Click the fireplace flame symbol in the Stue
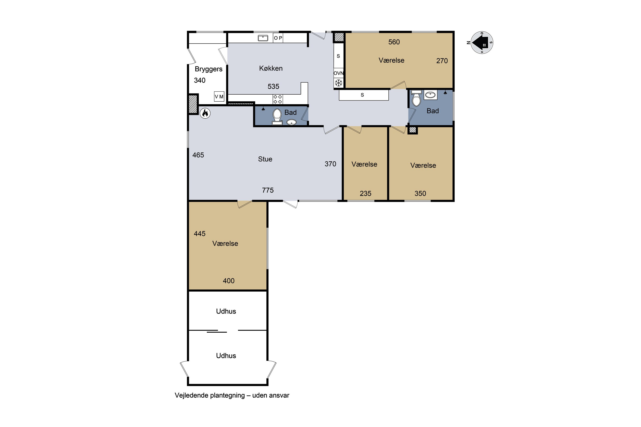pos(205,113)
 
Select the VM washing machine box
pos(219,97)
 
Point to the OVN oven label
pos(338,73)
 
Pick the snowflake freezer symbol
pos(338,83)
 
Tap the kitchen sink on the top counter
pos(263,38)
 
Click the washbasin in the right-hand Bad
pos(430,95)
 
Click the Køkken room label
pos(271,68)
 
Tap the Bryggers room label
pos(209,69)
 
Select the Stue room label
pos(265,159)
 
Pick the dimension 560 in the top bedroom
pos(394,42)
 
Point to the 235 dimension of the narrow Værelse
pos(365,194)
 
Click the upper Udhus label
pos(226,311)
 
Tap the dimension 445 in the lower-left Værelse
pos(200,234)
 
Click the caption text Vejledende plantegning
pos(210,395)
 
